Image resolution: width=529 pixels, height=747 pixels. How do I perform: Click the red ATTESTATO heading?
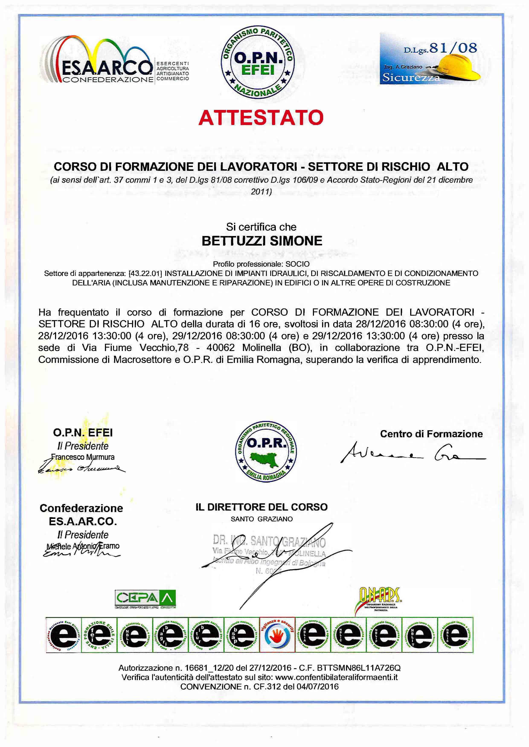tap(261, 118)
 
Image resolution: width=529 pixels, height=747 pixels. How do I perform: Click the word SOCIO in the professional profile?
tap(297, 264)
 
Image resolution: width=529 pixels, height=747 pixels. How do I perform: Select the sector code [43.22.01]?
tap(145, 273)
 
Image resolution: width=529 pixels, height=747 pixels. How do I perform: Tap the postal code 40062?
tap(221, 347)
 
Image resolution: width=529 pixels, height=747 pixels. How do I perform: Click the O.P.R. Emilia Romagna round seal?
tap(266, 452)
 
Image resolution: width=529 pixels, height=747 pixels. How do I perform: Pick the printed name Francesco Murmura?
tap(83, 457)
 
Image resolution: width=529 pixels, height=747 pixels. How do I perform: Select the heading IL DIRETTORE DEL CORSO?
tap(262, 507)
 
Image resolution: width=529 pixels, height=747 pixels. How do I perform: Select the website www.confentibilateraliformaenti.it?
tap(336, 677)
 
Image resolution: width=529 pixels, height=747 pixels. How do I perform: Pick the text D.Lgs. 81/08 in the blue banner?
tap(440, 49)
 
